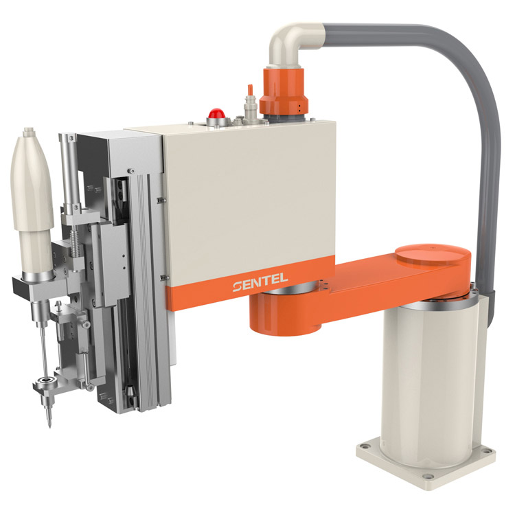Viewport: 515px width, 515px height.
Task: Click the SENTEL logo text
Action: point(260,283)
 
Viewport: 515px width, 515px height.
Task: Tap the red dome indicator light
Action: point(216,113)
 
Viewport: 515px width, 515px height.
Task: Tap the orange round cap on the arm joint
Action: point(432,255)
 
